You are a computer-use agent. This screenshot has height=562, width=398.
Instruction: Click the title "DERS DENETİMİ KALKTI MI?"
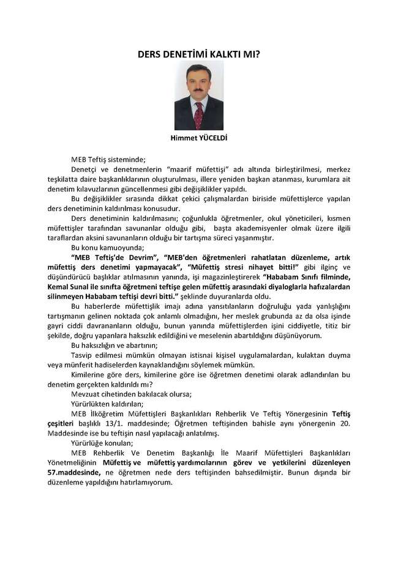tap(199, 53)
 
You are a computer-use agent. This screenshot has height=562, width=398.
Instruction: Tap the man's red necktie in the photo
tap(198, 114)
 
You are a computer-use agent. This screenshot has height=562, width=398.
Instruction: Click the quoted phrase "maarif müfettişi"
tap(192, 168)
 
